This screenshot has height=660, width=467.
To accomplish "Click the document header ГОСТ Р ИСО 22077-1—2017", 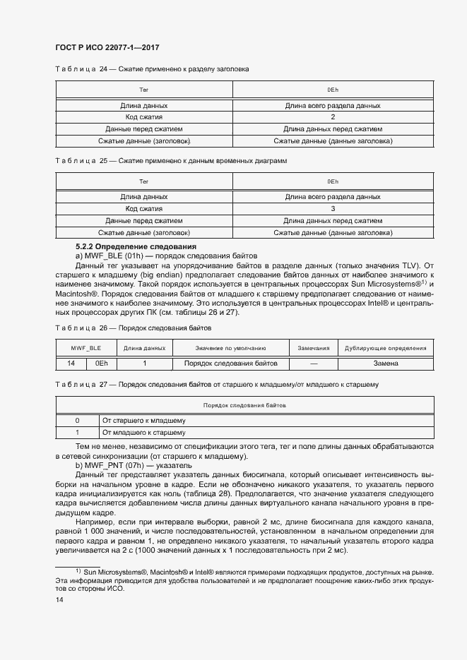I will [x=107, y=47].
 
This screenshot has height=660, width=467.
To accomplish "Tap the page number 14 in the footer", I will [x=59, y=599].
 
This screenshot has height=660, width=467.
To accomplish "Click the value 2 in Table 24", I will [x=333, y=117].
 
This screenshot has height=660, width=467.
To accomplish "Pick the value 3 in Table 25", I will [x=333, y=209].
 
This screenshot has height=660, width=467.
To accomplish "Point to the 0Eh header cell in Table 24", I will [x=333, y=90].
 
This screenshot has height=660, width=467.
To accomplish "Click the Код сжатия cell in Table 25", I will [x=144, y=209].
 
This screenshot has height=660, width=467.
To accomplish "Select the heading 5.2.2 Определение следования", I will [x=136, y=246].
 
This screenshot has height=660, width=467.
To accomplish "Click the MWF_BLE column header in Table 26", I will [x=85, y=348].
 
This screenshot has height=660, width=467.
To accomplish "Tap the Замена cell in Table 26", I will [x=386, y=364].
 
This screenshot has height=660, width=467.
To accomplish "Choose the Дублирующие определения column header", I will [x=386, y=348].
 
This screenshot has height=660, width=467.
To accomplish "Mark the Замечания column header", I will [x=313, y=348].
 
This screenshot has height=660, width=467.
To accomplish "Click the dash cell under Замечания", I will [x=313, y=364].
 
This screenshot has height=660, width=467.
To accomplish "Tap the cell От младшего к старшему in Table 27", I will [x=144, y=433].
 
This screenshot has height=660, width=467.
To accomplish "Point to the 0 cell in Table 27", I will [x=77, y=421].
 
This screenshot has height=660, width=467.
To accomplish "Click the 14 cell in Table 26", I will [x=71, y=364].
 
